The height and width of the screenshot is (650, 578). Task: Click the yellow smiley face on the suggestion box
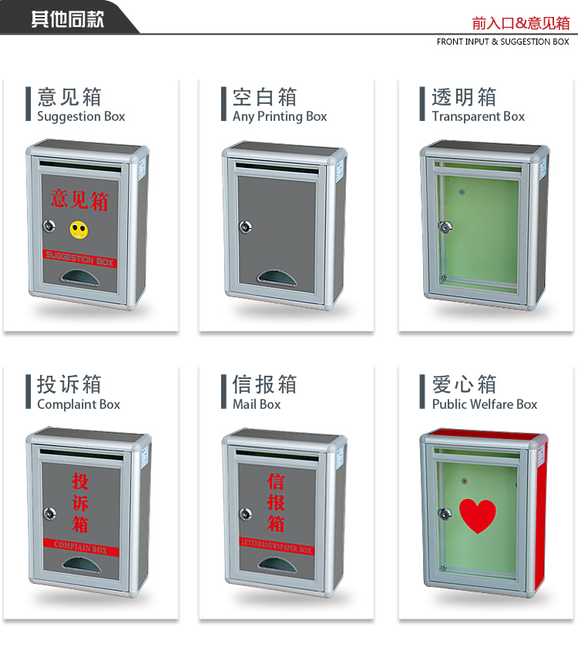[x=78, y=229]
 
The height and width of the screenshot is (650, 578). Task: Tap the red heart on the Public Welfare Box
[x=478, y=515]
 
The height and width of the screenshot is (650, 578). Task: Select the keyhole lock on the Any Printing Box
[x=245, y=227]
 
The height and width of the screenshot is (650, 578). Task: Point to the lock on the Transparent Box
[x=445, y=227]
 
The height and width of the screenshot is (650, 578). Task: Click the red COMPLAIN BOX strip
[x=81, y=549]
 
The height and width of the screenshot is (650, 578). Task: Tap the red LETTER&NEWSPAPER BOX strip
[x=277, y=548]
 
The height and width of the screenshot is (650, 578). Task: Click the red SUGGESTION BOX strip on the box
[x=79, y=260]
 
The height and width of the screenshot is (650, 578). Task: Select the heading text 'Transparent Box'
[x=478, y=116]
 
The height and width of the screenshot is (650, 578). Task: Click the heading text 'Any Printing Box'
[x=280, y=116]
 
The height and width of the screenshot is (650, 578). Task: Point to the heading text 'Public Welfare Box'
[x=484, y=404]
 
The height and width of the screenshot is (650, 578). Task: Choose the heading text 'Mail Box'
[x=257, y=404]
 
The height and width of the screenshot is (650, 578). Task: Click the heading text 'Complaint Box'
[x=79, y=404]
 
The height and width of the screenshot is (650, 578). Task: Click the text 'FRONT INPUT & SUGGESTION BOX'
[x=502, y=42]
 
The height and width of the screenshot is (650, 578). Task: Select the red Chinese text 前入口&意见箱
[x=521, y=23]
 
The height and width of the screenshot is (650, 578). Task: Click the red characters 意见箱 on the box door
[x=80, y=199]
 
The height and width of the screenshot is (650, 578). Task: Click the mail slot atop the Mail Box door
[x=277, y=454]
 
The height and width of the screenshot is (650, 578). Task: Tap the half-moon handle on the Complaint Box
[x=81, y=565]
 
